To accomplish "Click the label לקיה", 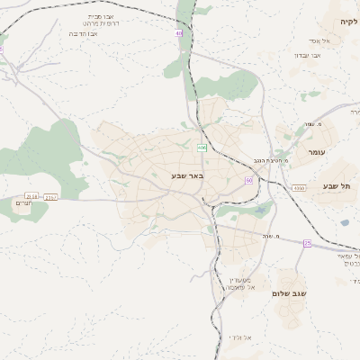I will [x=348, y=20].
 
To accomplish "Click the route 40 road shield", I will [x=179, y=33].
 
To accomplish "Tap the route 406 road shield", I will [x=202, y=147].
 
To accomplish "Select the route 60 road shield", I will [x=248, y=180].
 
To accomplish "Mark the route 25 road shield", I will [x=308, y=243].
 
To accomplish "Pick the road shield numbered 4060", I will [x=299, y=188].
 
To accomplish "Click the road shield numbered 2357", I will [x=50, y=196].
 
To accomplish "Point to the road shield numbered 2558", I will [x=32, y=196].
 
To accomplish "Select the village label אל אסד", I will [x=345, y=41].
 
